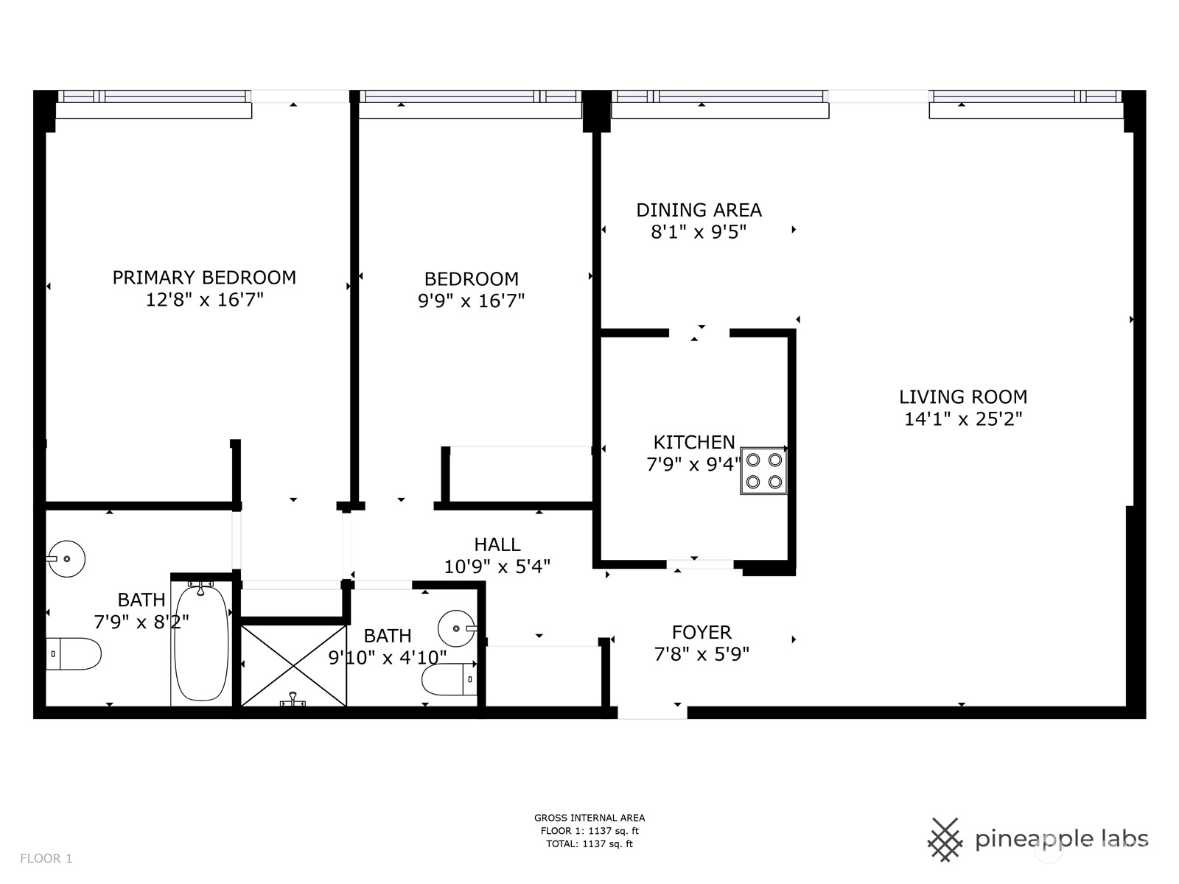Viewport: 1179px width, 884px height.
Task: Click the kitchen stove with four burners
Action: click(763, 471)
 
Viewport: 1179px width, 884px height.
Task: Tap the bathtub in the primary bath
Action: click(201, 643)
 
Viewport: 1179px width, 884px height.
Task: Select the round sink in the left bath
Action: click(66, 558)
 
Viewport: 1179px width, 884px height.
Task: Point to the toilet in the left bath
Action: click(73, 653)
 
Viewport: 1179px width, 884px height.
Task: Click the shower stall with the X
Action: click(294, 665)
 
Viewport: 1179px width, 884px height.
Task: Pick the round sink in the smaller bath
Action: click(457, 628)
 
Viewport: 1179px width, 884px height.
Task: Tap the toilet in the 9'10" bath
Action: click(449, 679)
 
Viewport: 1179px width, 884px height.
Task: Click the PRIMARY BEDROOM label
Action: click(204, 278)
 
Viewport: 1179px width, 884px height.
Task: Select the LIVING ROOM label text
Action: click(963, 397)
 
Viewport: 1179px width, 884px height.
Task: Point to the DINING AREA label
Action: click(699, 210)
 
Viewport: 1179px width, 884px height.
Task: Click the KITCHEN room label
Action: click(694, 442)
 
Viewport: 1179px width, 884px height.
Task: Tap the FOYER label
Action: click(702, 632)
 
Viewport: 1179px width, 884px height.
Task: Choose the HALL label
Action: click(497, 544)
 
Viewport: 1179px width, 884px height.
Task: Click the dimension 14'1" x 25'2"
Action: click(963, 419)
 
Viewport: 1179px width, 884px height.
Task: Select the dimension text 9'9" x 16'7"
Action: click(471, 301)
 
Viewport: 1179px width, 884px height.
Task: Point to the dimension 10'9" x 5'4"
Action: click(497, 566)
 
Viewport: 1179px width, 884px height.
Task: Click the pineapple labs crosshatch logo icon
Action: click(945, 840)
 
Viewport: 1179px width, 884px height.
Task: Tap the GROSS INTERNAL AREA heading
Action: click(589, 818)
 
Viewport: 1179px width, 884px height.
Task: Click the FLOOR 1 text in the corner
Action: click(46, 859)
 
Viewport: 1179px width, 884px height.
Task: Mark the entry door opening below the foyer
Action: click(652, 712)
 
